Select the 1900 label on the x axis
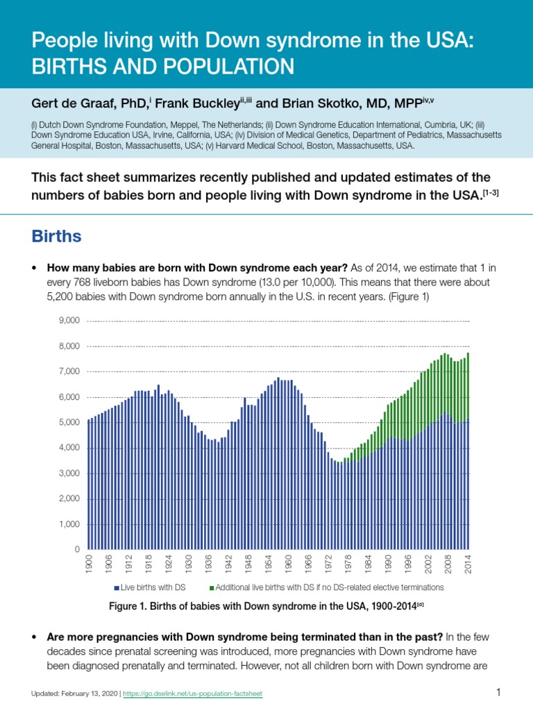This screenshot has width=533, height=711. (x=89, y=564)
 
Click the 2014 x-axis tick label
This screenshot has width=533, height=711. (x=468, y=564)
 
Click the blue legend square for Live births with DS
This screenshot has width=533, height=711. (x=117, y=587)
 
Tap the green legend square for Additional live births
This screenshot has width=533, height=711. (x=212, y=587)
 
